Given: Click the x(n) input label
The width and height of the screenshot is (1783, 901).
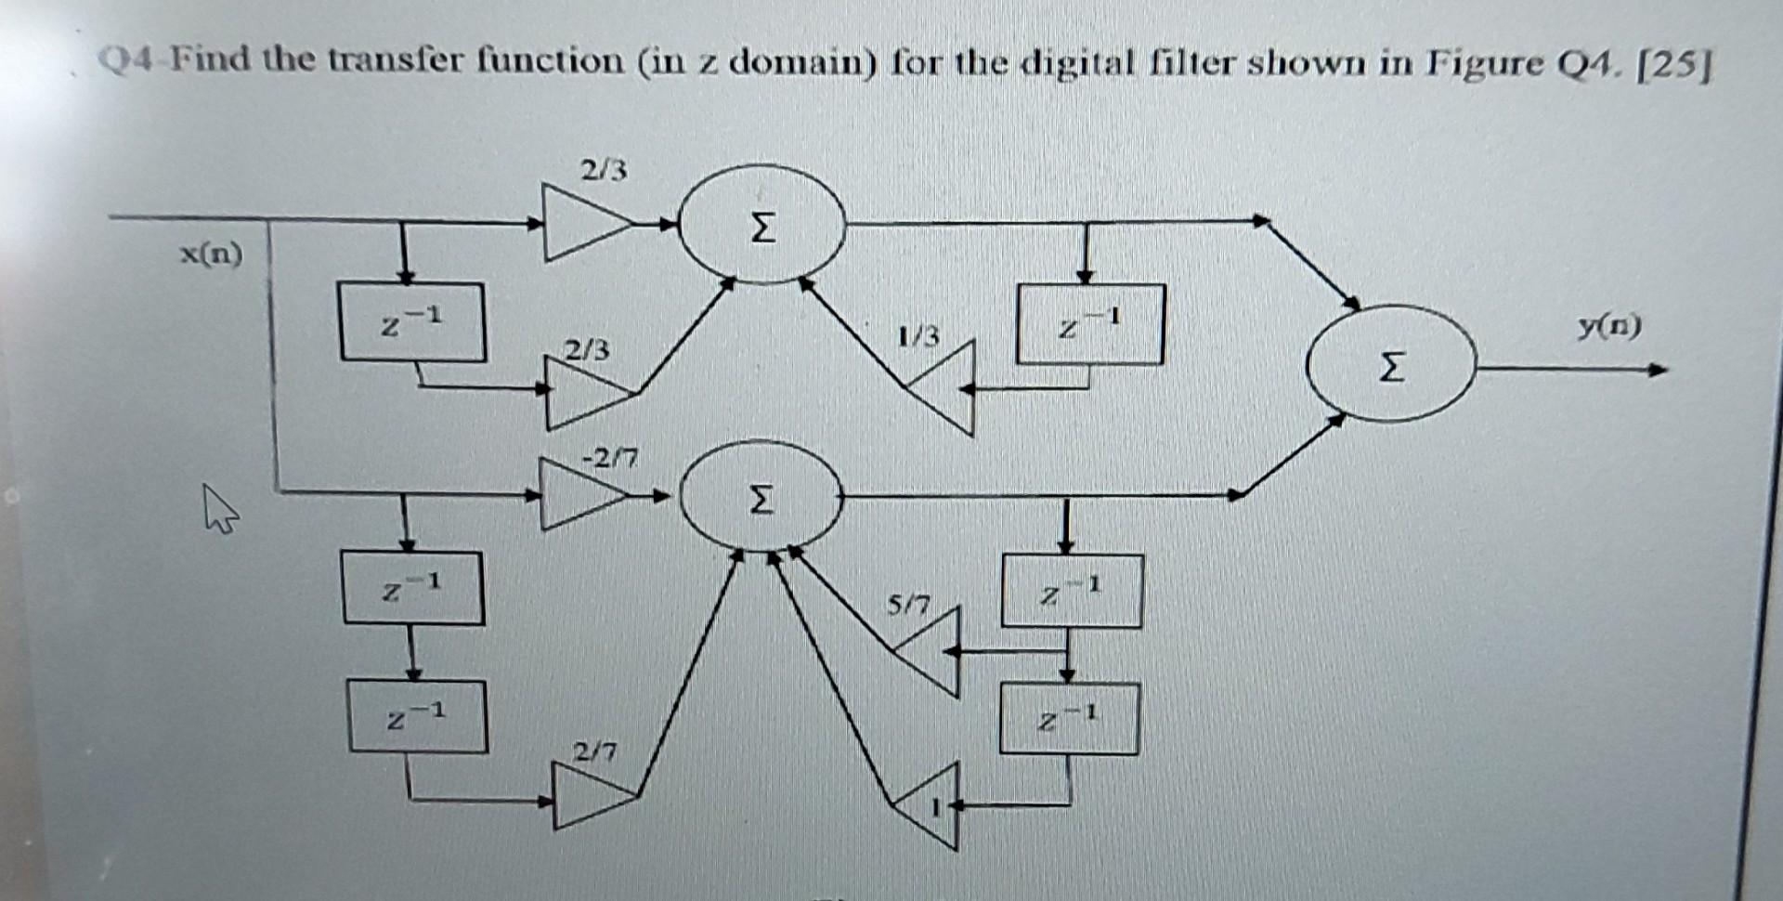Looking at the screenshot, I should (x=211, y=254).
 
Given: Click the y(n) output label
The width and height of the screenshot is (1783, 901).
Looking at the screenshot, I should (x=1609, y=326).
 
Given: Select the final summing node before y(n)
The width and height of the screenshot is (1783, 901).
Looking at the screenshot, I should (x=1390, y=365).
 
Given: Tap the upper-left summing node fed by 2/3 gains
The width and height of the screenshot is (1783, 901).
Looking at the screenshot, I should (x=761, y=225).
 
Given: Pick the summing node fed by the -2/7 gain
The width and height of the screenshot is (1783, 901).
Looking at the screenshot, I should (x=761, y=499).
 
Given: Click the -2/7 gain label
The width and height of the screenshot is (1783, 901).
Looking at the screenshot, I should (x=610, y=458).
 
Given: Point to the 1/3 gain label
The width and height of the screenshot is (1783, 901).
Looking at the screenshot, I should (x=918, y=334).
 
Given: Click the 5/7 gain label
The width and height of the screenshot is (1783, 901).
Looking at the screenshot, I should (x=907, y=607).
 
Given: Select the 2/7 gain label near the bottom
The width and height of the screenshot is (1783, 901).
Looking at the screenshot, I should (x=594, y=751).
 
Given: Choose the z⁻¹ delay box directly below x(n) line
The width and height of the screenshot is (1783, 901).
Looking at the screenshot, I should (x=412, y=322).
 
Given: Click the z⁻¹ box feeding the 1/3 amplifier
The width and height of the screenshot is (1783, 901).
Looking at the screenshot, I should (x=1090, y=324).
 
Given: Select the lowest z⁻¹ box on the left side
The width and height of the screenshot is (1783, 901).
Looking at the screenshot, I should (x=417, y=716).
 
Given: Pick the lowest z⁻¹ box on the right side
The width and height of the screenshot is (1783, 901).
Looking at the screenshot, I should (x=1069, y=719).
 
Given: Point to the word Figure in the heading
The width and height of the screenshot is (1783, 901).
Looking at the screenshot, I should (x=1485, y=62).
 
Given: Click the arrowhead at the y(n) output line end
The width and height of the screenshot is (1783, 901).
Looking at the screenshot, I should (x=1659, y=370).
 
